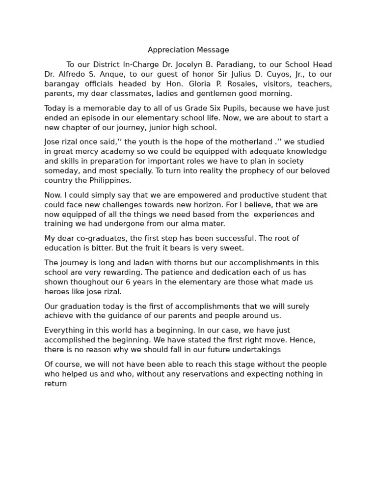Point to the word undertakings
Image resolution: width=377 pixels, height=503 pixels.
(x=255, y=350)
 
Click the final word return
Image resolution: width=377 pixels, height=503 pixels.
(x=55, y=384)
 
